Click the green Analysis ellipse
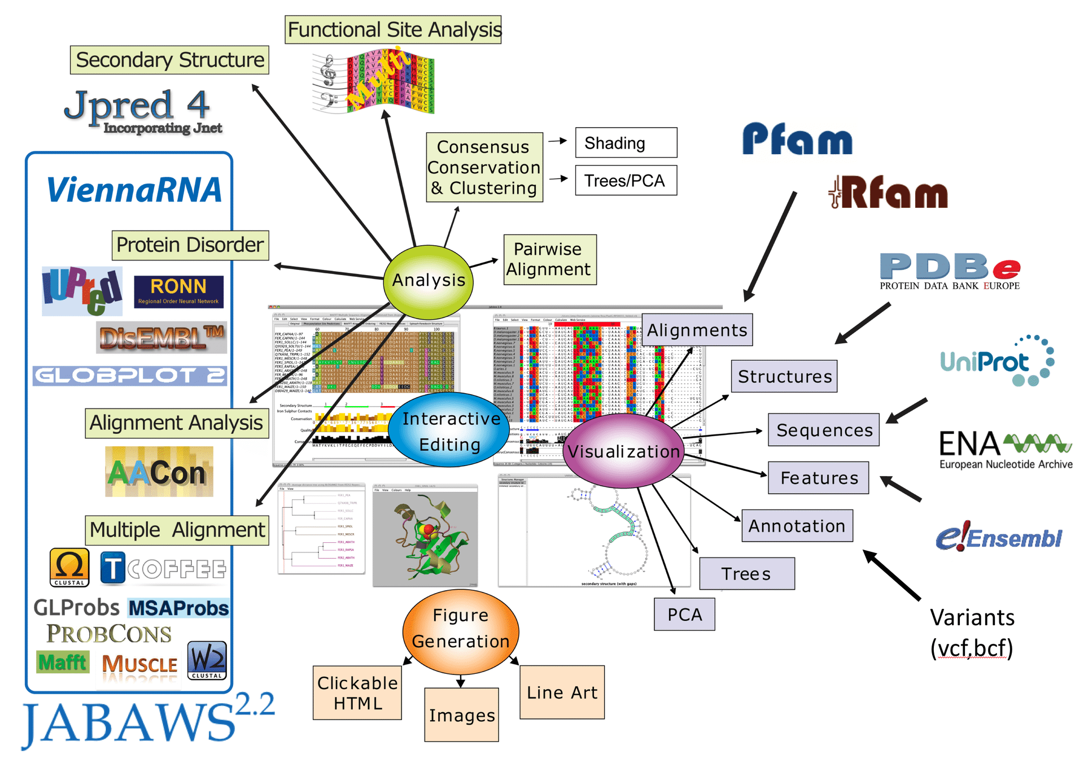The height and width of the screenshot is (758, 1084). (428, 281)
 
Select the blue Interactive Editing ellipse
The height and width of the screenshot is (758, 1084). (450, 430)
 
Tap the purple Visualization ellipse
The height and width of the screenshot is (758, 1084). (623, 451)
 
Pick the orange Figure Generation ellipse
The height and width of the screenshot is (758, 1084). (461, 629)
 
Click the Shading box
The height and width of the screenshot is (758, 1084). (626, 143)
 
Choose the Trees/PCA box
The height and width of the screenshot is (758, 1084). (626, 181)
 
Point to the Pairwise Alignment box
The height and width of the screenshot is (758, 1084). (549, 260)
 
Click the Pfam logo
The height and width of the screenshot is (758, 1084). (797, 139)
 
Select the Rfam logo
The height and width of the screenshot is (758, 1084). (889, 193)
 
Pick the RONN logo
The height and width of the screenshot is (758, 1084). (178, 291)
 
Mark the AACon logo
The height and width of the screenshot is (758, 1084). (159, 472)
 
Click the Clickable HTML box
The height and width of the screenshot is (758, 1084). (357, 692)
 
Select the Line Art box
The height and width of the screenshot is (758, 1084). (562, 692)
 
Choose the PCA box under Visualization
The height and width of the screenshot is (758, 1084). (684, 615)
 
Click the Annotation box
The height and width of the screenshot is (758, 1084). (797, 526)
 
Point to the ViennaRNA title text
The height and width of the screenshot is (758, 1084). (134, 190)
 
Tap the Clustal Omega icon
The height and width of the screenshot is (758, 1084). (69, 567)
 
